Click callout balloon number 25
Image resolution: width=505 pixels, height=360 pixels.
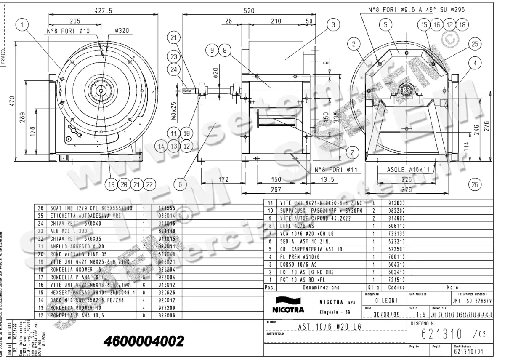coord(475,43)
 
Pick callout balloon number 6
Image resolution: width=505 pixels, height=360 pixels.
coord(180,184)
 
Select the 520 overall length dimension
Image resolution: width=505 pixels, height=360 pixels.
coord(249,11)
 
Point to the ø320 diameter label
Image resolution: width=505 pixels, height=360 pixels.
coord(121,31)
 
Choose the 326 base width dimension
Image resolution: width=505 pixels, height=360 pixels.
coord(406,190)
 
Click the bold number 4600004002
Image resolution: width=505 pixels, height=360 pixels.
coord(143,341)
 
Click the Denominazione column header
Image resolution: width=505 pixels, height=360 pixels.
coord(322,288)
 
